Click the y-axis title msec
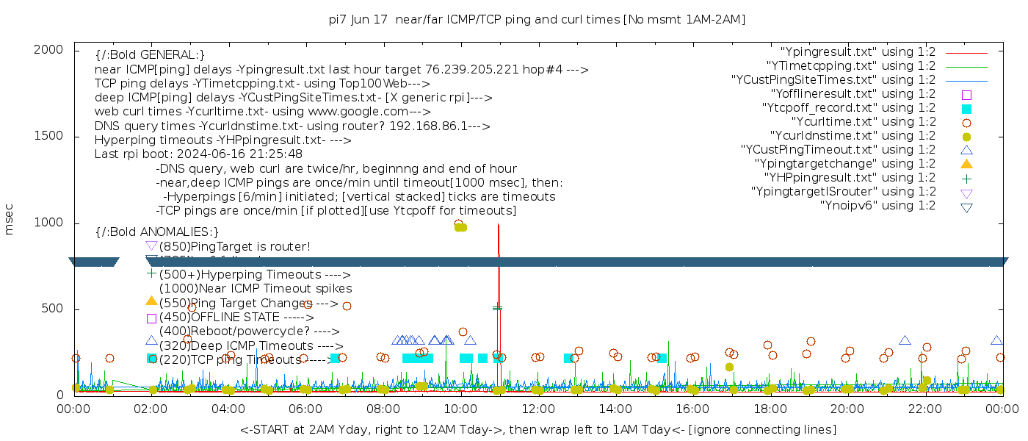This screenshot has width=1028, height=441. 10,219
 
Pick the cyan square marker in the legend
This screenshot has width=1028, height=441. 966,108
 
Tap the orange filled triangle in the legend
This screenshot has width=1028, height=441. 966,164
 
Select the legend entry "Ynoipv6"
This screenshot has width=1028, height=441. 877,206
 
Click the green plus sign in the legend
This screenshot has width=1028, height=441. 966,178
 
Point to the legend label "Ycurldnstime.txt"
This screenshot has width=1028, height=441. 853,136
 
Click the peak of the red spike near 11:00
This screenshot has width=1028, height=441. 499,225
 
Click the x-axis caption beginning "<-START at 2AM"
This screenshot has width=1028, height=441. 537,429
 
